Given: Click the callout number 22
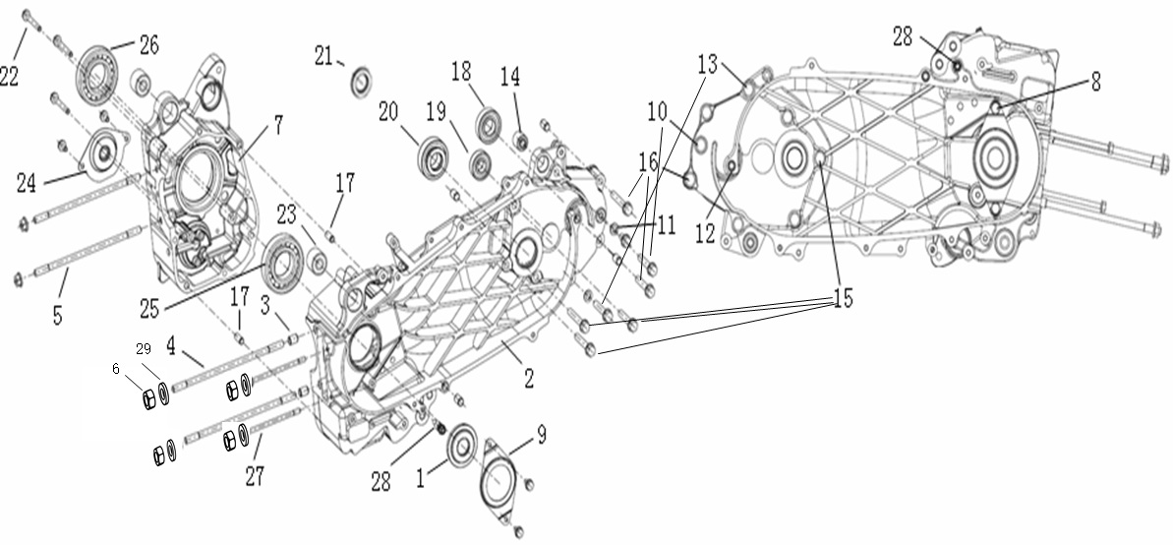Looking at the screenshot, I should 9,76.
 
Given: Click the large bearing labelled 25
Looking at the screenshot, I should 285,262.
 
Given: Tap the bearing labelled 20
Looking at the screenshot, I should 433,156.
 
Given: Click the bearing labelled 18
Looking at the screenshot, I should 489,125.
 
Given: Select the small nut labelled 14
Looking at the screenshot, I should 522,136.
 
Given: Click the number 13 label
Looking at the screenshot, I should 708,65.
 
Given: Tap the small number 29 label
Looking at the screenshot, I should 144,349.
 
